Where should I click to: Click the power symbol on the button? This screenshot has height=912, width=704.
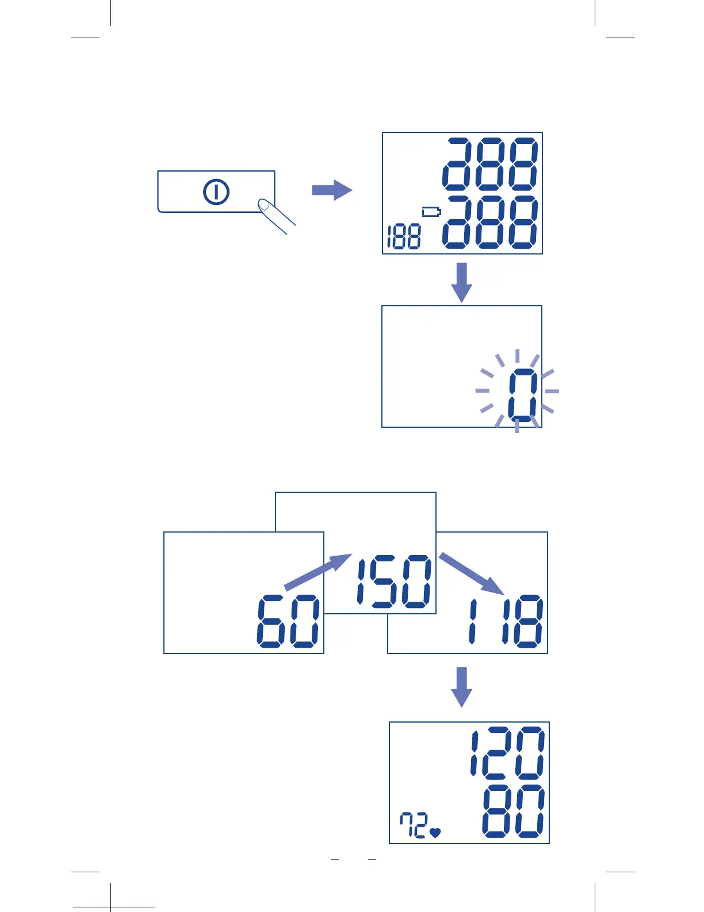coord(216,192)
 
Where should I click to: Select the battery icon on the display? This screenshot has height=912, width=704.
coord(431,212)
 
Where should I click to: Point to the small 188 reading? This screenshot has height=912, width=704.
coord(404,237)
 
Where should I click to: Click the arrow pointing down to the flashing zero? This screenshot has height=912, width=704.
coord(461,282)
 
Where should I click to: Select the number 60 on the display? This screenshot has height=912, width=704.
coord(288,622)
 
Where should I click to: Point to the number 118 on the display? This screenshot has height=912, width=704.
coord(506,622)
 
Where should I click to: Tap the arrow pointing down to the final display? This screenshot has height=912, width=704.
coord(461,687)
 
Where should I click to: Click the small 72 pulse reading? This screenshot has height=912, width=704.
coord(414,825)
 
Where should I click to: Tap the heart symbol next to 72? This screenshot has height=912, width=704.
coord(435,832)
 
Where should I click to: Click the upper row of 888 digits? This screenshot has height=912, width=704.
coord(491,164)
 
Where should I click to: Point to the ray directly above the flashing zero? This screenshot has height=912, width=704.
coord(517,356)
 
